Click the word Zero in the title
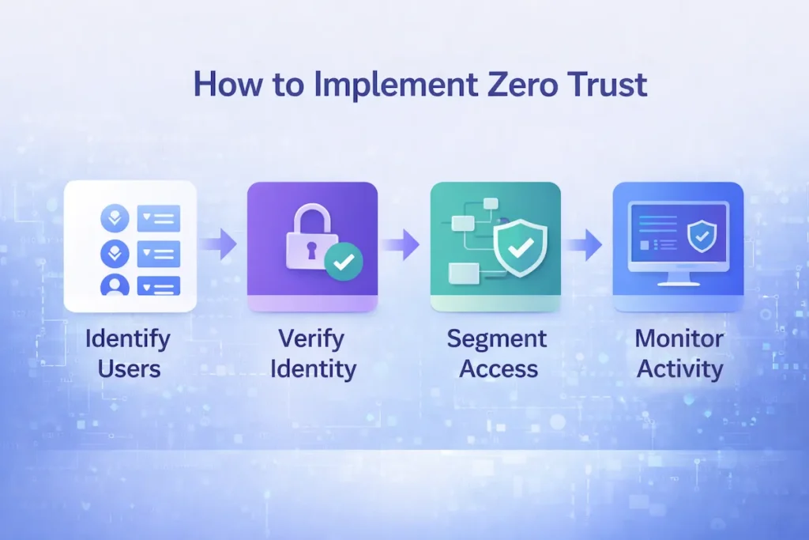[524, 85]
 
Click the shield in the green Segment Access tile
[519, 248]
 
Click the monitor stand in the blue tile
[677, 278]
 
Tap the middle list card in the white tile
[159, 253]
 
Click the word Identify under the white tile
[127, 339]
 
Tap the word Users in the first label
[127, 368]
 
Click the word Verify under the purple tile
[311, 339]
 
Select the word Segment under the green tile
[496, 339]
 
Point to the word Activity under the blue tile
[679, 369]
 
